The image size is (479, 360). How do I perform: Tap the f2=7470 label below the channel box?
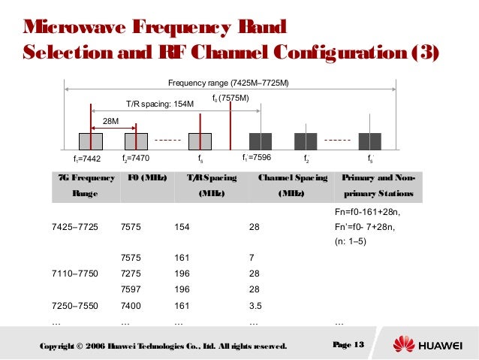137,159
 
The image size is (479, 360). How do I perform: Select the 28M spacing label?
111,119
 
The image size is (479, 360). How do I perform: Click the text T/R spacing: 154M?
158,105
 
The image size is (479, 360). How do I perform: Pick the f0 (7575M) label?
230,98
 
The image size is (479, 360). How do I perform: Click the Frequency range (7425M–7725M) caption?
229,82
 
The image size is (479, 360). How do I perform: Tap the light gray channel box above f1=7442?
91,141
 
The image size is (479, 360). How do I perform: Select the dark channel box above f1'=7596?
260,141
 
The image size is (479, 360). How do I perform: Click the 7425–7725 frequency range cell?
74,226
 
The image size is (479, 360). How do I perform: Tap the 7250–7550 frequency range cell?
74,306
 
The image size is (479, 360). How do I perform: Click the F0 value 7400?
133,306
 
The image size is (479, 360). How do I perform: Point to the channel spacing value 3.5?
256,306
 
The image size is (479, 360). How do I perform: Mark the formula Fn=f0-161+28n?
367,213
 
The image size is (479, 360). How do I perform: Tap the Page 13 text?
347,344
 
